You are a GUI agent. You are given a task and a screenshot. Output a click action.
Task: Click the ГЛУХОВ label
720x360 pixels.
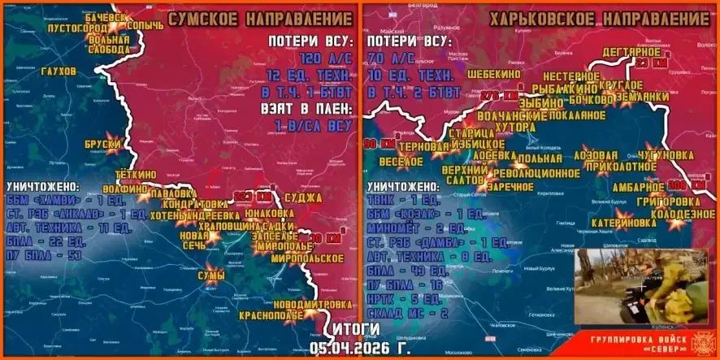click(x=57, y=72)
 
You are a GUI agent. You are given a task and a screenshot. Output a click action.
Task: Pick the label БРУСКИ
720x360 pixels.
click(x=102, y=145)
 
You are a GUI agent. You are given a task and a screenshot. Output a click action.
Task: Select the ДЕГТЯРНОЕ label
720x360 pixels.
click(x=631, y=52)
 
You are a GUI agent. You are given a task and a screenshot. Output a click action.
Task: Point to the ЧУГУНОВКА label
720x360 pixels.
click(x=666, y=154)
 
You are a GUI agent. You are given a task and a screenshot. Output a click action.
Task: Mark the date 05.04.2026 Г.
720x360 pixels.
click(x=357, y=347)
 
